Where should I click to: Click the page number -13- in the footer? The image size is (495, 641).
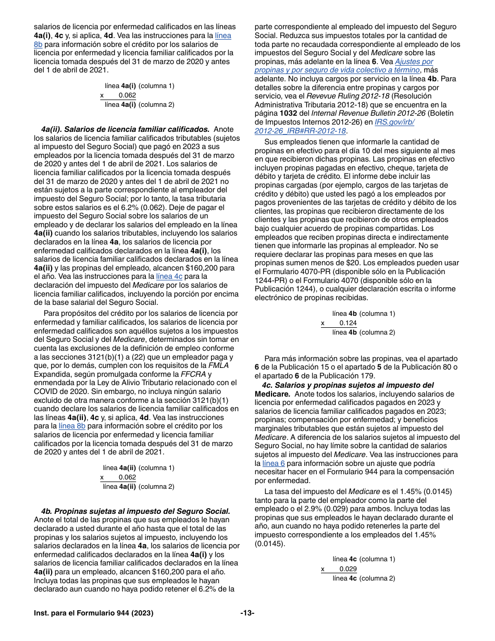tap(247, 613)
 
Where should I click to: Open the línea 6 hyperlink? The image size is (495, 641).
tap(274, 463)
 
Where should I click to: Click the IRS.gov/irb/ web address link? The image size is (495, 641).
tap(394, 122)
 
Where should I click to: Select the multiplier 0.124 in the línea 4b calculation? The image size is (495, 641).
tap(348, 323)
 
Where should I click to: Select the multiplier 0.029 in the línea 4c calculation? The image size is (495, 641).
tap(348, 569)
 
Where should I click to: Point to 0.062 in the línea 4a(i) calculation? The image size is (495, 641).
tap(127, 95)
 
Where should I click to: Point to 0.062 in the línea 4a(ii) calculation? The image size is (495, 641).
tap(127, 477)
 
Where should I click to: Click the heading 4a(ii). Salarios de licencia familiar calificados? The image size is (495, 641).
tap(125, 129)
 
